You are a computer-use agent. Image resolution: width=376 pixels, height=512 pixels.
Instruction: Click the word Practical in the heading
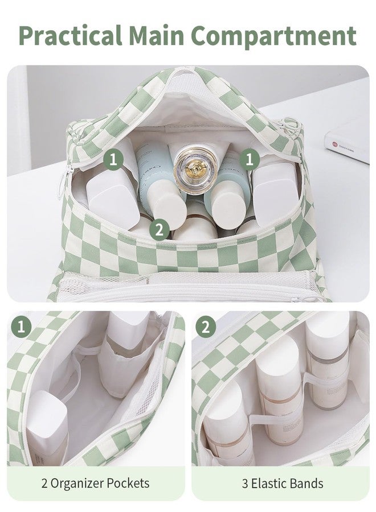(x=71, y=35)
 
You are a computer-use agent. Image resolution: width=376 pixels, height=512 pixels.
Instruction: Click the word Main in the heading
(x=156, y=35)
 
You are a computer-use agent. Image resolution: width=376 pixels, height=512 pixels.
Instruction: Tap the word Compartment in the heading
(x=273, y=36)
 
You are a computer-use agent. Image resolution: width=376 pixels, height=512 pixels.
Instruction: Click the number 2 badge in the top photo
(x=159, y=230)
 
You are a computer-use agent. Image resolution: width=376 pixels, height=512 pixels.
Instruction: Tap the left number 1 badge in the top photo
(x=113, y=160)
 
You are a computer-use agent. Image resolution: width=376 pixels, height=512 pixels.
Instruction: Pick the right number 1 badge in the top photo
(x=250, y=160)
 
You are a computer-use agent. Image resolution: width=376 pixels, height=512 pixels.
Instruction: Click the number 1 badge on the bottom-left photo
(x=21, y=327)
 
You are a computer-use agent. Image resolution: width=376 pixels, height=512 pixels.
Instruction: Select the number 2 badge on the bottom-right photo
(x=206, y=327)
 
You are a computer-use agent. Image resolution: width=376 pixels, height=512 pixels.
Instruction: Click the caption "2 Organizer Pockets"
(x=95, y=483)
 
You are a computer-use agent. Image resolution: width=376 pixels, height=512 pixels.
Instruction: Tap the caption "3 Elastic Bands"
(x=283, y=483)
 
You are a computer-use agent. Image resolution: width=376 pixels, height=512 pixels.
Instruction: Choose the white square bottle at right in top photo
(x=276, y=193)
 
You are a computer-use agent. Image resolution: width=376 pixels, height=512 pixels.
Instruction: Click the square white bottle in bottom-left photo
(x=47, y=427)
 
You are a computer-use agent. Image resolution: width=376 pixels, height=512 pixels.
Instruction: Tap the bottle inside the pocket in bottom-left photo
(x=126, y=353)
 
